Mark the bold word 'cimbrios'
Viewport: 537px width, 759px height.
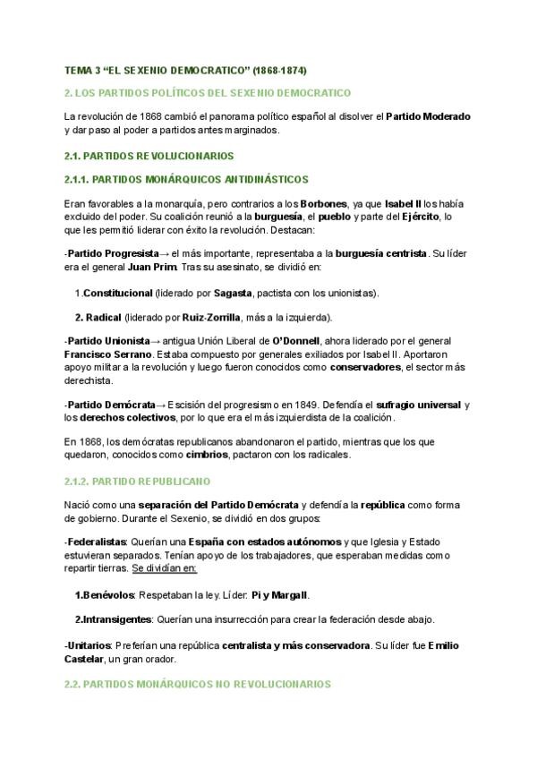point(204,455)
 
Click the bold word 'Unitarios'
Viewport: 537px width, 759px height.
point(89,645)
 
